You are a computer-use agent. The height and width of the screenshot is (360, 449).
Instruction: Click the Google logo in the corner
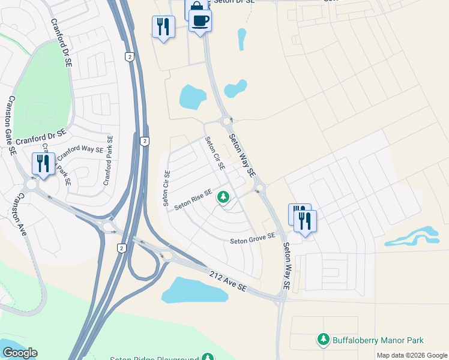click(x=20, y=353)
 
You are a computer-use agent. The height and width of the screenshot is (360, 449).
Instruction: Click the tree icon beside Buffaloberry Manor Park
click(x=324, y=340)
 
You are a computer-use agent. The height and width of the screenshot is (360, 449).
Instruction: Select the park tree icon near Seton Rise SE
click(x=223, y=196)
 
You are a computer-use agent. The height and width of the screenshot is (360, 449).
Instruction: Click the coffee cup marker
click(x=200, y=21)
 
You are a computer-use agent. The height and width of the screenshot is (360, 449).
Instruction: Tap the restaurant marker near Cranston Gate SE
click(x=43, y=163)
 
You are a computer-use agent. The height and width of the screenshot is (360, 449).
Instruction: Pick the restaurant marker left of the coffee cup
click(x=163, y=26)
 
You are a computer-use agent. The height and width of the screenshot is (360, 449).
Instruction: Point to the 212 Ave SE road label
click(x=228, y=281)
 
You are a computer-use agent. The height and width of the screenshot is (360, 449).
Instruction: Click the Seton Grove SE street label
click(x=253, y=238)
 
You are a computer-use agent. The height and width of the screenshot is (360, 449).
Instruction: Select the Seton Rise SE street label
click(x=193, y=200)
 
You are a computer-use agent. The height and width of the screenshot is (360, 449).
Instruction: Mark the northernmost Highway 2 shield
click(x=129, y=56)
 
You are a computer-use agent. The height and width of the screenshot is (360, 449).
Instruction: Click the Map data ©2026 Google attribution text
click(x=412, y=355)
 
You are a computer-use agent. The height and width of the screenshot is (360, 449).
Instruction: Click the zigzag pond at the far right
click(x=414, y=236)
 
